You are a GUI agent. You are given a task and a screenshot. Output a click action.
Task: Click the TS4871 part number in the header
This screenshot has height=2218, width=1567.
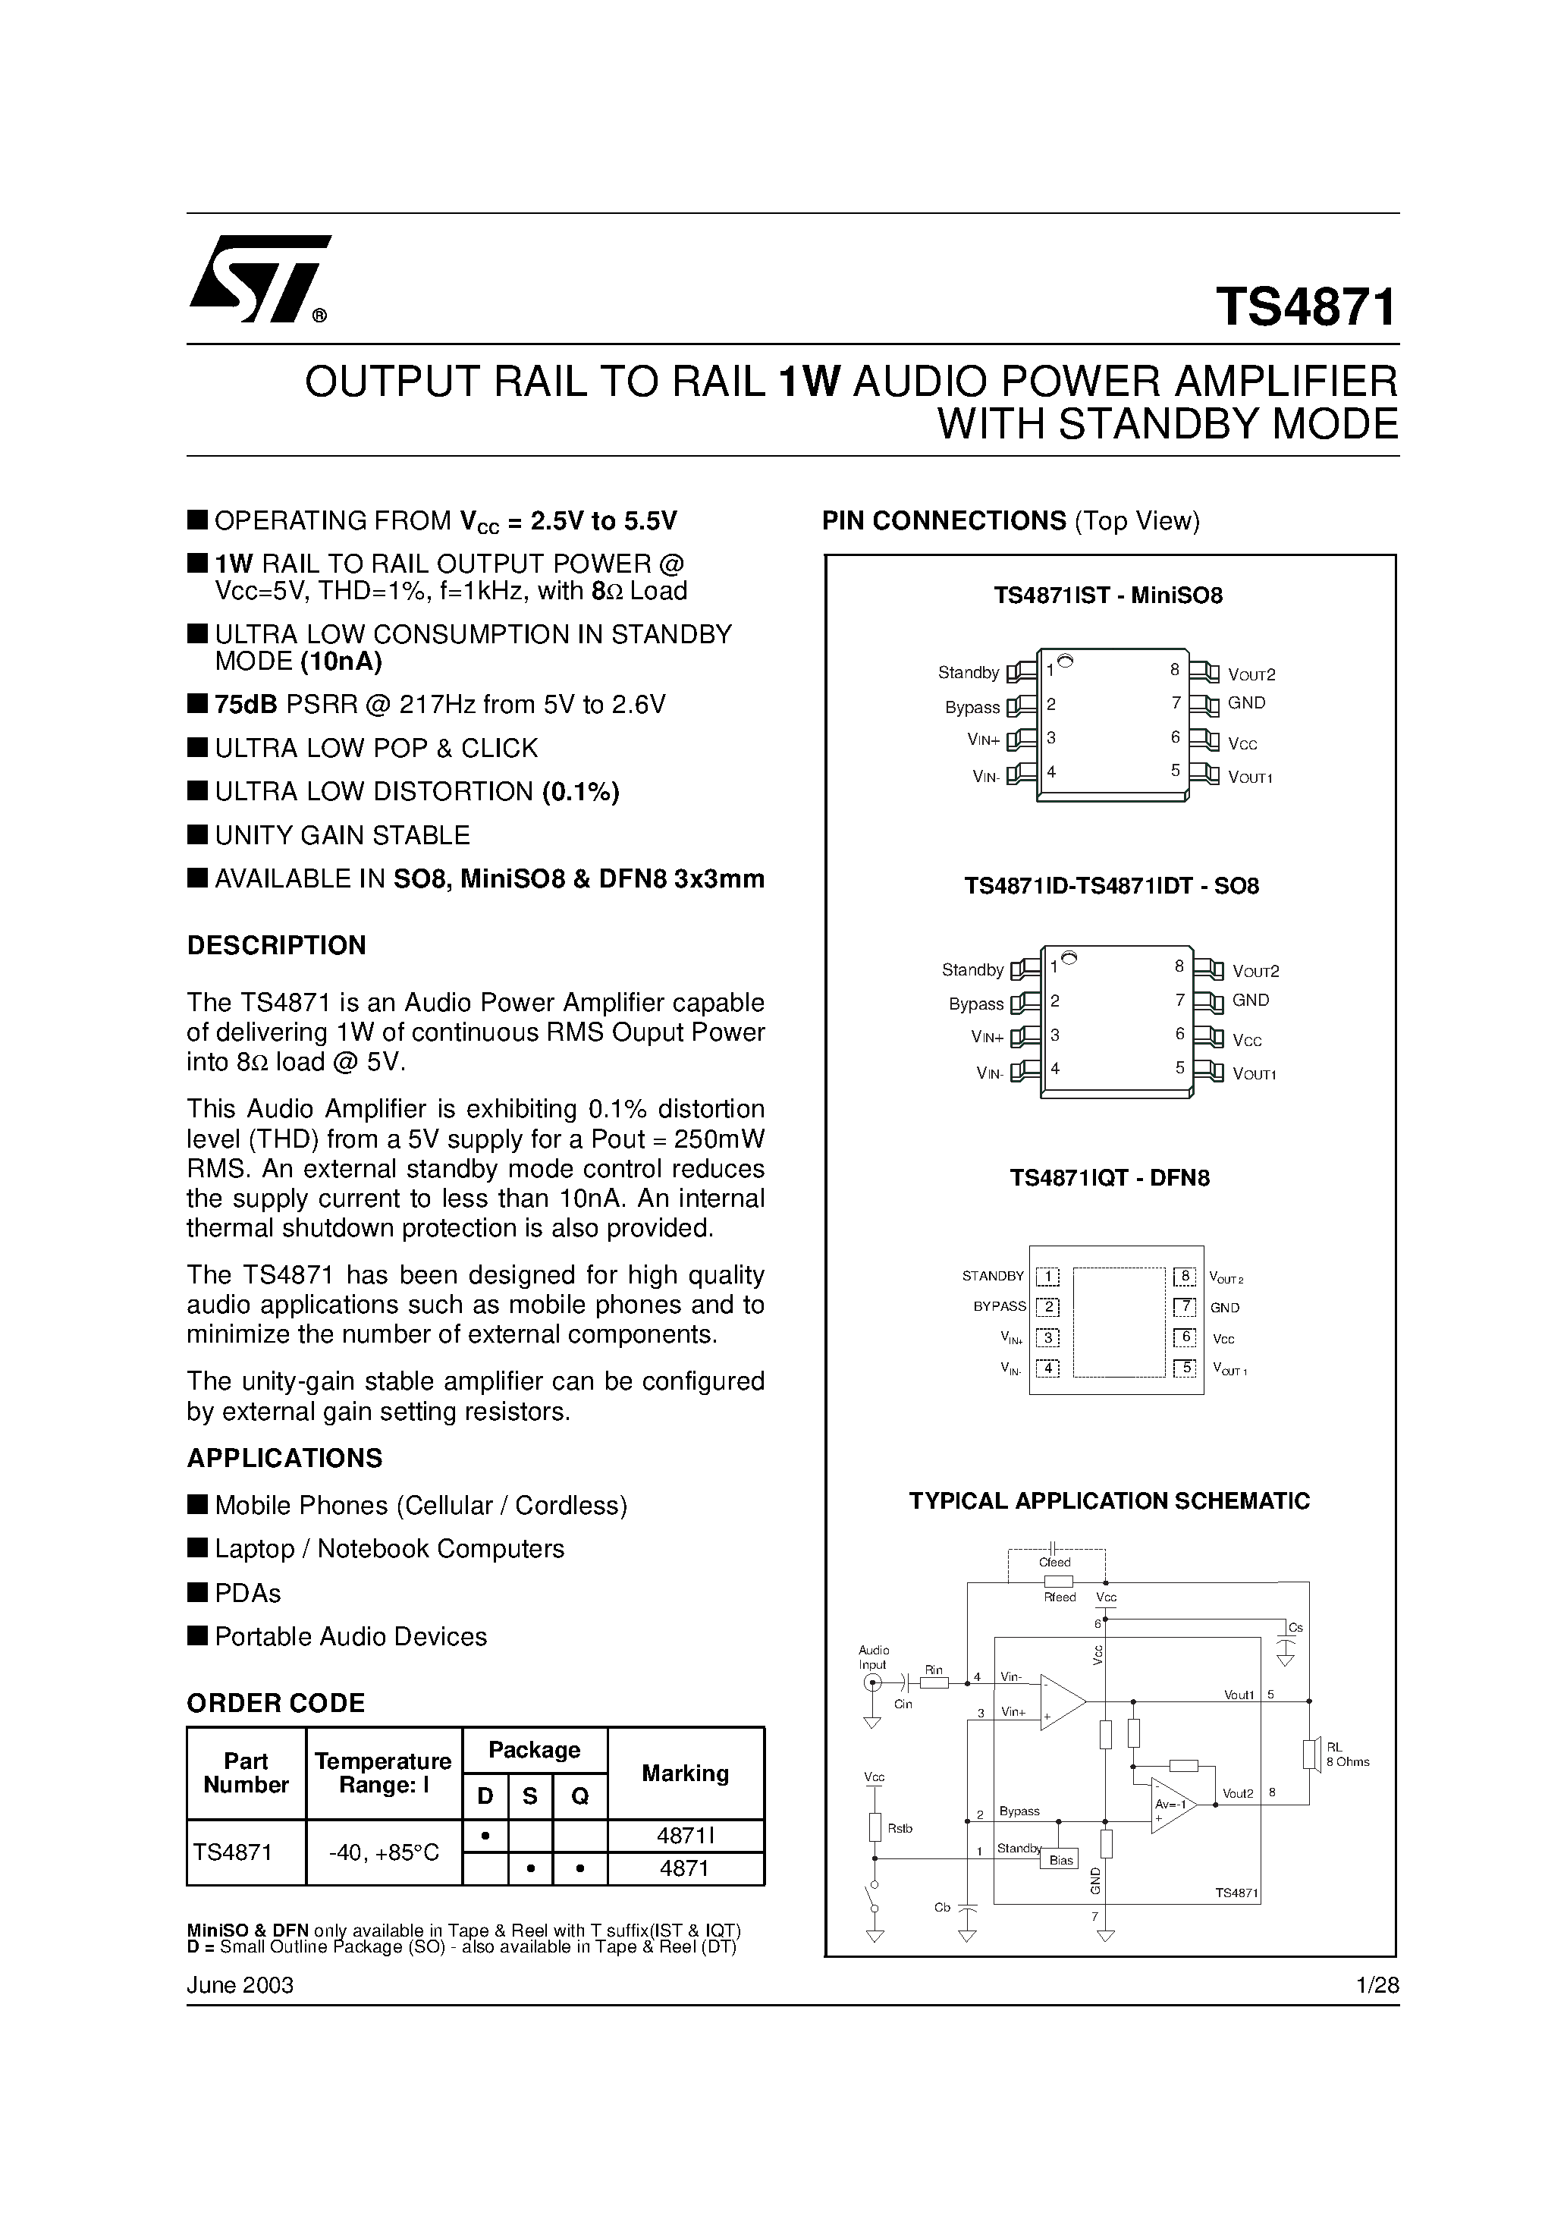[x=1306, y=307]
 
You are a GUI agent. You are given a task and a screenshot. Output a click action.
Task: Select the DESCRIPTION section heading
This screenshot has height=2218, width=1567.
[x=276, y=945]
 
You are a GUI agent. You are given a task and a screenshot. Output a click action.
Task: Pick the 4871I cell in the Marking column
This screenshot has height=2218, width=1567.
[x=685, y=1836]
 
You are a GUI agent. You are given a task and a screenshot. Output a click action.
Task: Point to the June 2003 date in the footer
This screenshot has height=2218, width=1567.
[x=240, y=1984]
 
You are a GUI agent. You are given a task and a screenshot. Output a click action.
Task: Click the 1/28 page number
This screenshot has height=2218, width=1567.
[x=1377, y=1984]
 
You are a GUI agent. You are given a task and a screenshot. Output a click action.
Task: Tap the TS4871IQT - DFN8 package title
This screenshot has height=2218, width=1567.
[x=1109, y=1177]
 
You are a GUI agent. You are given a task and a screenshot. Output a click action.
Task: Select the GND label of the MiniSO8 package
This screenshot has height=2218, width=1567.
[x=1246, y=703]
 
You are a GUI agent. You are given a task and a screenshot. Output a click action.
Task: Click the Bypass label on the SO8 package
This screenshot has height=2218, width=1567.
[x=975, y=1004]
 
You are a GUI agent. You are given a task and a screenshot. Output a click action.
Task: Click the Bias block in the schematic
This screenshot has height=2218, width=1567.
[x=1061, y=1860]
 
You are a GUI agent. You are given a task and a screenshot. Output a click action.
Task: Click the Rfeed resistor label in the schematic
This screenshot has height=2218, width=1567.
[x=1060, y=1597]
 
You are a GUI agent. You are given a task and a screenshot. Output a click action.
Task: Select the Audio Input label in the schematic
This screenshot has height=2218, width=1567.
[x=873, y=1657]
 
